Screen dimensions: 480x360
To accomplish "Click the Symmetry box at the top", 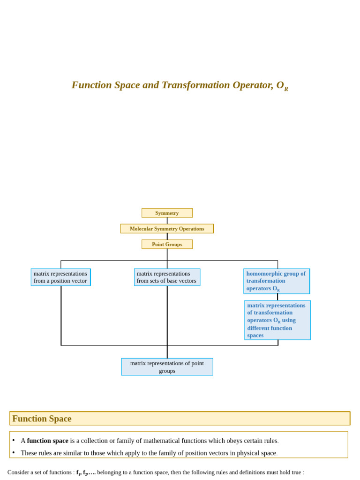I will point(167,213).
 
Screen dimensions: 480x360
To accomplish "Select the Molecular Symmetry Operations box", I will point(167,229).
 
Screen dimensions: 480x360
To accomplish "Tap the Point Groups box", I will point(167,244).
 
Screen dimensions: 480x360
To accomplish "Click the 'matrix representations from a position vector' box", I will point(60,277).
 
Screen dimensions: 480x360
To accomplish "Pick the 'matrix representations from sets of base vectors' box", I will point(167,277).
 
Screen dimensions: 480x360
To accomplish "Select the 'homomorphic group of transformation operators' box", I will point(277,281).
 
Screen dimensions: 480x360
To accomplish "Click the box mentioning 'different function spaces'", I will point(277,320).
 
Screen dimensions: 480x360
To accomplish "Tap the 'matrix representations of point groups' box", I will point(167,367).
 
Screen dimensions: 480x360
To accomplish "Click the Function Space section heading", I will point(42,419).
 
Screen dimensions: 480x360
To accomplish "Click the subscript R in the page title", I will point(286,89).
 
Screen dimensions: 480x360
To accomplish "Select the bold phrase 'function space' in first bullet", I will point(47,441).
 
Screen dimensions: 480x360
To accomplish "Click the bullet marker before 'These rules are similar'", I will point(14,452).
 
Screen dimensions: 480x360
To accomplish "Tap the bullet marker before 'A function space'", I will point(14,440).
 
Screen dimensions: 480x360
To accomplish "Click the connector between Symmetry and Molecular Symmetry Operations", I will point(167,221).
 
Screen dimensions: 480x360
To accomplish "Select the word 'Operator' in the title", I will point(254,85).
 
